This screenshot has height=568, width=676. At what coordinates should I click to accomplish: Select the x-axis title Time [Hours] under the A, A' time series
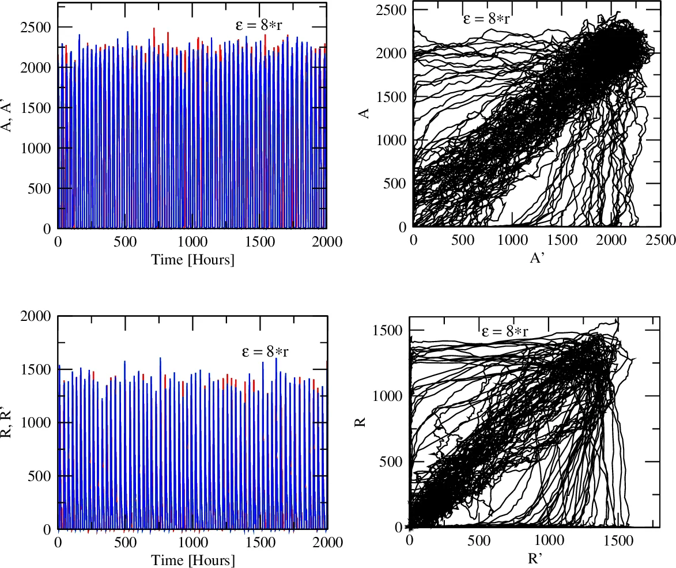(x=192, y=260)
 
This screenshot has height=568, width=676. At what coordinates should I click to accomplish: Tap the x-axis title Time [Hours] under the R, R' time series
(x=192, y=560)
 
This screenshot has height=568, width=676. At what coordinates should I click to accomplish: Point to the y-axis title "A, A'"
(x=9, y=116)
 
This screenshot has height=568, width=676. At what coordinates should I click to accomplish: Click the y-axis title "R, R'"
(x=9, y=422)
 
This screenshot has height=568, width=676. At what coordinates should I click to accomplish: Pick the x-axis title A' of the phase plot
(x=537, y=258)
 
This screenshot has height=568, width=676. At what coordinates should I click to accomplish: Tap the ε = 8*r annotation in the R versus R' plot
(x=505, y=331)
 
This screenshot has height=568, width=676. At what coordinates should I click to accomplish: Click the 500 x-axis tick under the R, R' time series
(x=125, y=542)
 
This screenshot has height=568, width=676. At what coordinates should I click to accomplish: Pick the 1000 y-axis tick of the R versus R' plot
(x=390, y=396)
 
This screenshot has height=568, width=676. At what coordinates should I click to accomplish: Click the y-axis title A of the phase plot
(x=364, y=115)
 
